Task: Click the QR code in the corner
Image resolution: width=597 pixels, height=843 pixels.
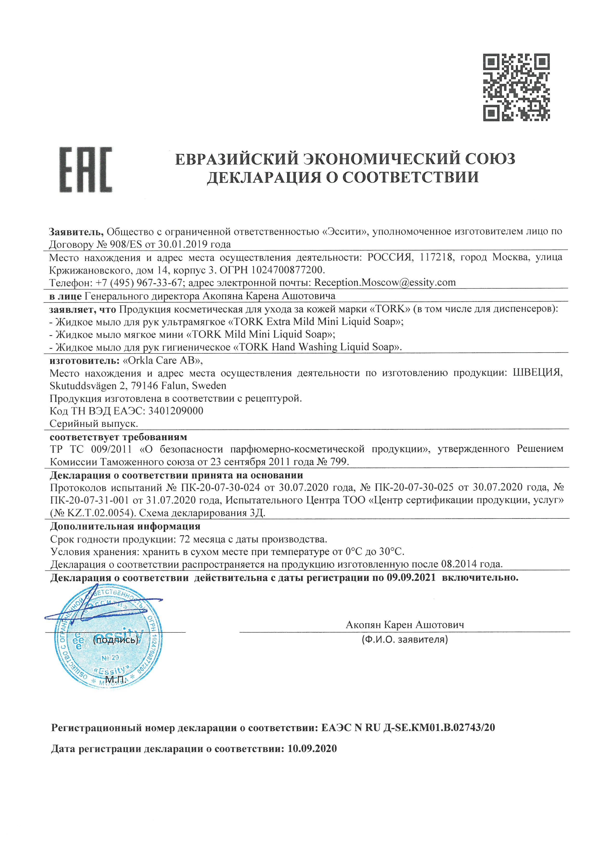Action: [517, 87]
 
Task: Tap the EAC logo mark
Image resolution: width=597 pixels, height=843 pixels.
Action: [86, 170]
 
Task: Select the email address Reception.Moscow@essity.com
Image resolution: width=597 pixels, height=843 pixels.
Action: [385, 283]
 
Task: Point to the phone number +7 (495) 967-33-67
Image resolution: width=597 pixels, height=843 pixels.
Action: [139, 283]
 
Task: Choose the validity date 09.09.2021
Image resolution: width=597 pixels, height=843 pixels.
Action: [411, 578]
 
